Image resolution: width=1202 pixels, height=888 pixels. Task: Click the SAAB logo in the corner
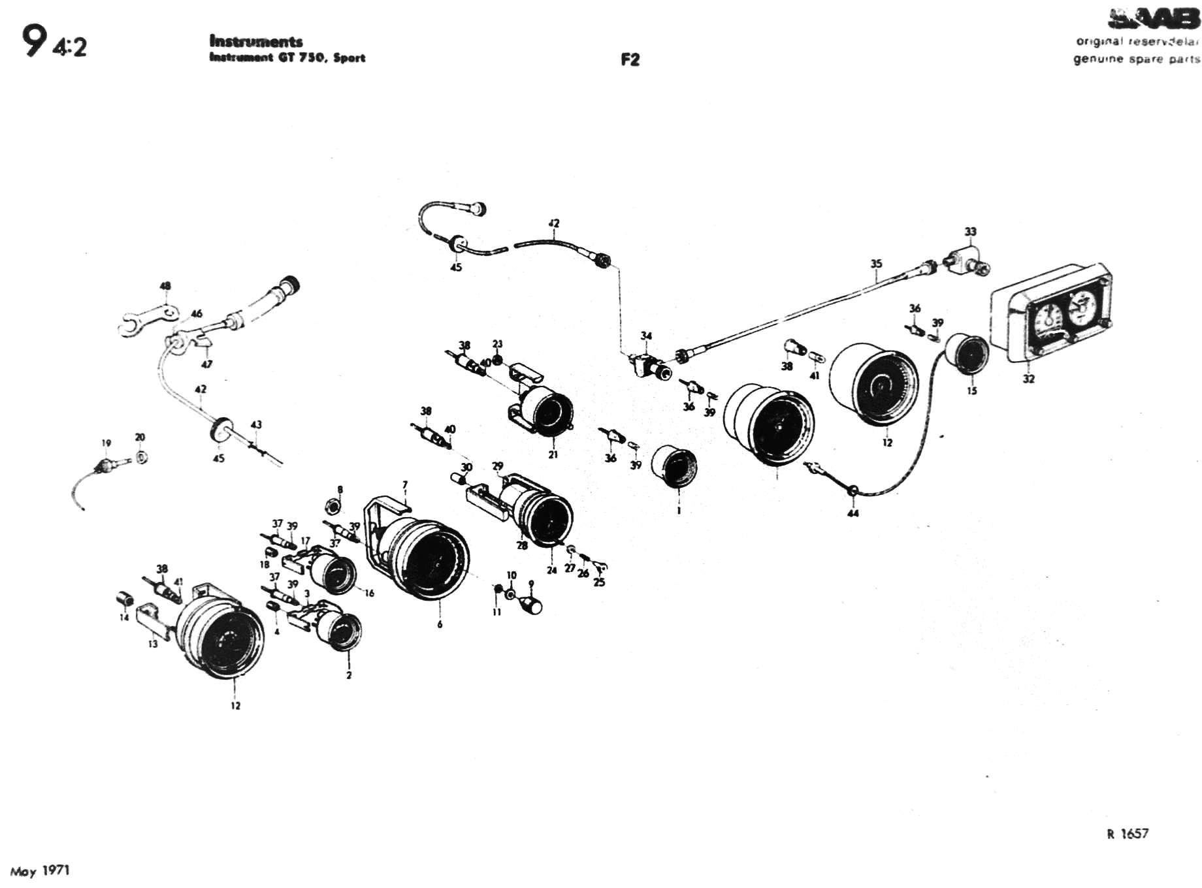coord(1154,20)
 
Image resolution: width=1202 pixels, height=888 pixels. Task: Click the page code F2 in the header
coord(630,60)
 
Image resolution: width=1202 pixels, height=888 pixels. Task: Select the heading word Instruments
coord(255,42)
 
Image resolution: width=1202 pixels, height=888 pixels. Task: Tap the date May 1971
coord(40,870)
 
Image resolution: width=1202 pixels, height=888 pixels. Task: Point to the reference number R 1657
coord(1128,833)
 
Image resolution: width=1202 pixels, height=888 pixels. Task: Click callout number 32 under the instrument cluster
coord(1028,379)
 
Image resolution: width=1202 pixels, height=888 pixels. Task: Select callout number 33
coord(970,232)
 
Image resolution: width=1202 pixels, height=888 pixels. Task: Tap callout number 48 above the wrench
coord(165,286)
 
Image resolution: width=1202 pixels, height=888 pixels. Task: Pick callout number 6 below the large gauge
coord(440,624)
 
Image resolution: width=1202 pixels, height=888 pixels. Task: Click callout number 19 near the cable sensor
coord(106,443)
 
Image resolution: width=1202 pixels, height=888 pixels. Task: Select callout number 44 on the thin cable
coord(853,513)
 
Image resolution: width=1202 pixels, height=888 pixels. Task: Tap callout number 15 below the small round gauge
coord(972,390)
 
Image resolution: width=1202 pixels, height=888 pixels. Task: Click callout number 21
coord(553,454)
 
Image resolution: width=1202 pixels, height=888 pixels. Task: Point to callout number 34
coord(646,336)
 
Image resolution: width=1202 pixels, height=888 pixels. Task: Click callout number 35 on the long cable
coord(876,264)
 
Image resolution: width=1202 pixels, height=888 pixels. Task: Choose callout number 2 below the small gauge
coord(349,675)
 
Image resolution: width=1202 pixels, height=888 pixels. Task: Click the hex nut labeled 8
coord(331,504)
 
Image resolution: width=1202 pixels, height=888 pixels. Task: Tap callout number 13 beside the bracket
coord(153,644)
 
